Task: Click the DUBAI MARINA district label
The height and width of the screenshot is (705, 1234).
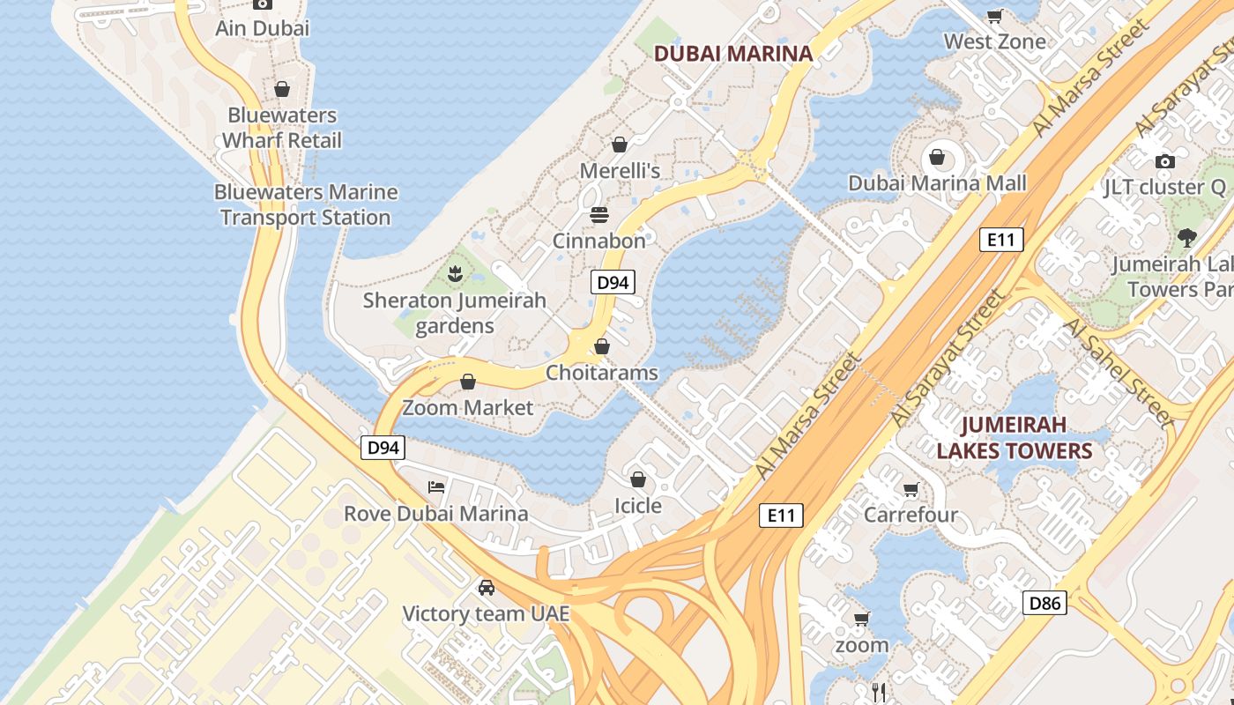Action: tap(732, 53)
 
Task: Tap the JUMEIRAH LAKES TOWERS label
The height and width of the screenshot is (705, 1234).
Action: tap(1014, 438)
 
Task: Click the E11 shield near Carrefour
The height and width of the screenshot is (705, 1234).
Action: tap(781, 516)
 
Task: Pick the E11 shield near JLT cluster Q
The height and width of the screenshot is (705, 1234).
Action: tap(1000, 240)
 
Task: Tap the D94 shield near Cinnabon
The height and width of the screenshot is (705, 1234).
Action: tap(612, 283)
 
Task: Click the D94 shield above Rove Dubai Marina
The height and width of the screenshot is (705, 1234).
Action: tap(383, 448)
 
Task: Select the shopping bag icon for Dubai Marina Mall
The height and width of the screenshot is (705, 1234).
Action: tap(937, 158)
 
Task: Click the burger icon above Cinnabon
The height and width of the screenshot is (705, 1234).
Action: tap(599, 215)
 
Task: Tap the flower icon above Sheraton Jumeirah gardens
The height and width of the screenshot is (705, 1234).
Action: tap(455, 274)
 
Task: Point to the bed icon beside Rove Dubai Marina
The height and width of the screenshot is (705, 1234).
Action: tap(435, 487)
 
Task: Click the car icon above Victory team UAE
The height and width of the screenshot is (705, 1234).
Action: tap(486, 588)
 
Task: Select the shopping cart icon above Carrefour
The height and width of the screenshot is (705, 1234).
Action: tap(911, 489)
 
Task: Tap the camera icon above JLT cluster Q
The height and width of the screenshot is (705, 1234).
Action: tap(1164, 161)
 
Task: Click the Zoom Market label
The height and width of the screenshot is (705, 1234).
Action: tap(467, 407)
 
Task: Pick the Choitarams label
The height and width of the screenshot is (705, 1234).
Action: tap(601, 373)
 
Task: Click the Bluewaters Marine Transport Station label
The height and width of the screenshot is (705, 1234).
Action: tap(306, 204)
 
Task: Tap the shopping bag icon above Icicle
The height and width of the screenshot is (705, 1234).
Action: tap(637, 480)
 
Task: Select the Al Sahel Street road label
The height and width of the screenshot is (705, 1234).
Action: tap(1119, 375)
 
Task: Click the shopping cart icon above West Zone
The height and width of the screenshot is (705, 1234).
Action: tap(994, 16)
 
